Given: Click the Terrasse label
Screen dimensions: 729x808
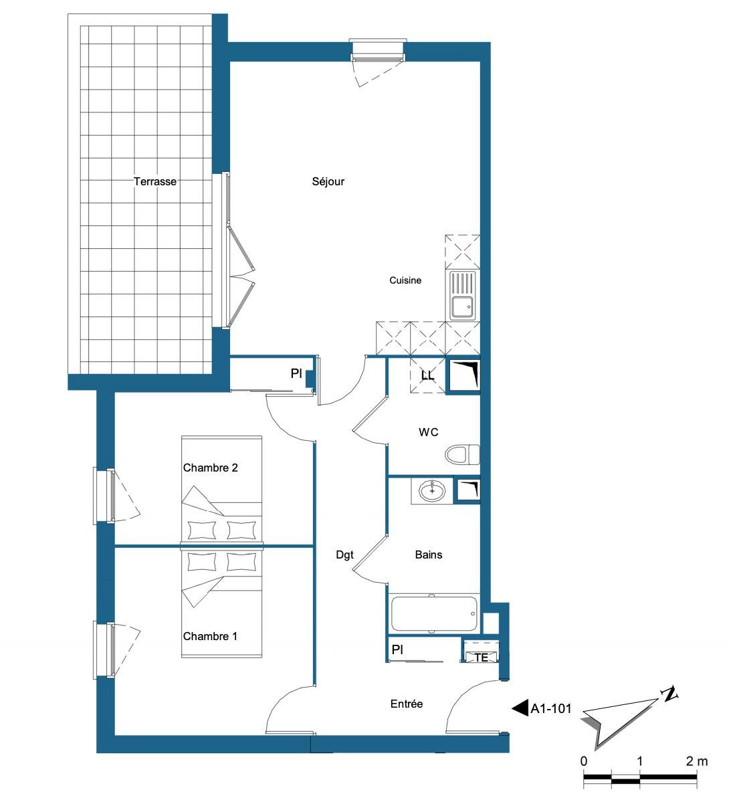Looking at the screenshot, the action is pyautogui.click(x=155, y=182).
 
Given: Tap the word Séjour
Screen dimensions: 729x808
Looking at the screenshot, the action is pyautogui.click(x=328, y=182).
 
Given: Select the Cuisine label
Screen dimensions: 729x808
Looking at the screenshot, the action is pyautogui.click(x=405, y=280).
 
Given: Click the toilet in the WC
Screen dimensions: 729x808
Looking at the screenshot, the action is pyautogui.click(x=462, y=454).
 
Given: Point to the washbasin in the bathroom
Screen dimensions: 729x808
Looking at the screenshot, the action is pyautogui.click(x=432, y=491).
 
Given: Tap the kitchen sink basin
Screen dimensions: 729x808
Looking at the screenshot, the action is pyautogui.click(x=462, y=307).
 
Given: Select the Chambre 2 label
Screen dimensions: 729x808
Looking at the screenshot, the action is pyautogui.click(x=210, y=468).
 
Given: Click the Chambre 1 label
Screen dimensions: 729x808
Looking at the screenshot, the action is pyautogui.click(x=210, y=636).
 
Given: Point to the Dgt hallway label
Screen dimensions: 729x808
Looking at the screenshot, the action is pyautogui.click(x=344, y=555).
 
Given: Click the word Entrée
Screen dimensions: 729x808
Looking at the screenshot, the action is pyautogui.click(x=407, y=704).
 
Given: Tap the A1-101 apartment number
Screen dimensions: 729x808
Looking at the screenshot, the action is pyautogui.click(x=550, y=709).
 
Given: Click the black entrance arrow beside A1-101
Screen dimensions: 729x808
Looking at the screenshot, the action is pyautogui.click(x=520, y=708).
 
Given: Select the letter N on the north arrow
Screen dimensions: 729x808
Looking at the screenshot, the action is pyautogui.click(x=669, y=694).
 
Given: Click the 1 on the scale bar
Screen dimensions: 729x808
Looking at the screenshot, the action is pyautogui.click(x=639, y=761).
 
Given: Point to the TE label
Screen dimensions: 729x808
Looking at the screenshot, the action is pyautogui.click(x=481, y=658).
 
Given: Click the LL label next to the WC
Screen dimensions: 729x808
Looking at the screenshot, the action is pyautogui.click(x=427, y=376).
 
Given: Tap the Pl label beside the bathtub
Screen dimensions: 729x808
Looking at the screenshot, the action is pyautogui.click(x=397, y=649).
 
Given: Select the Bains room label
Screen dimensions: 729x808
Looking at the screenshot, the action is pyautogui.click(x=429, y=555).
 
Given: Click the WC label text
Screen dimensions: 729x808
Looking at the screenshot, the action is pyautogui.click(x=428, y=433).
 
